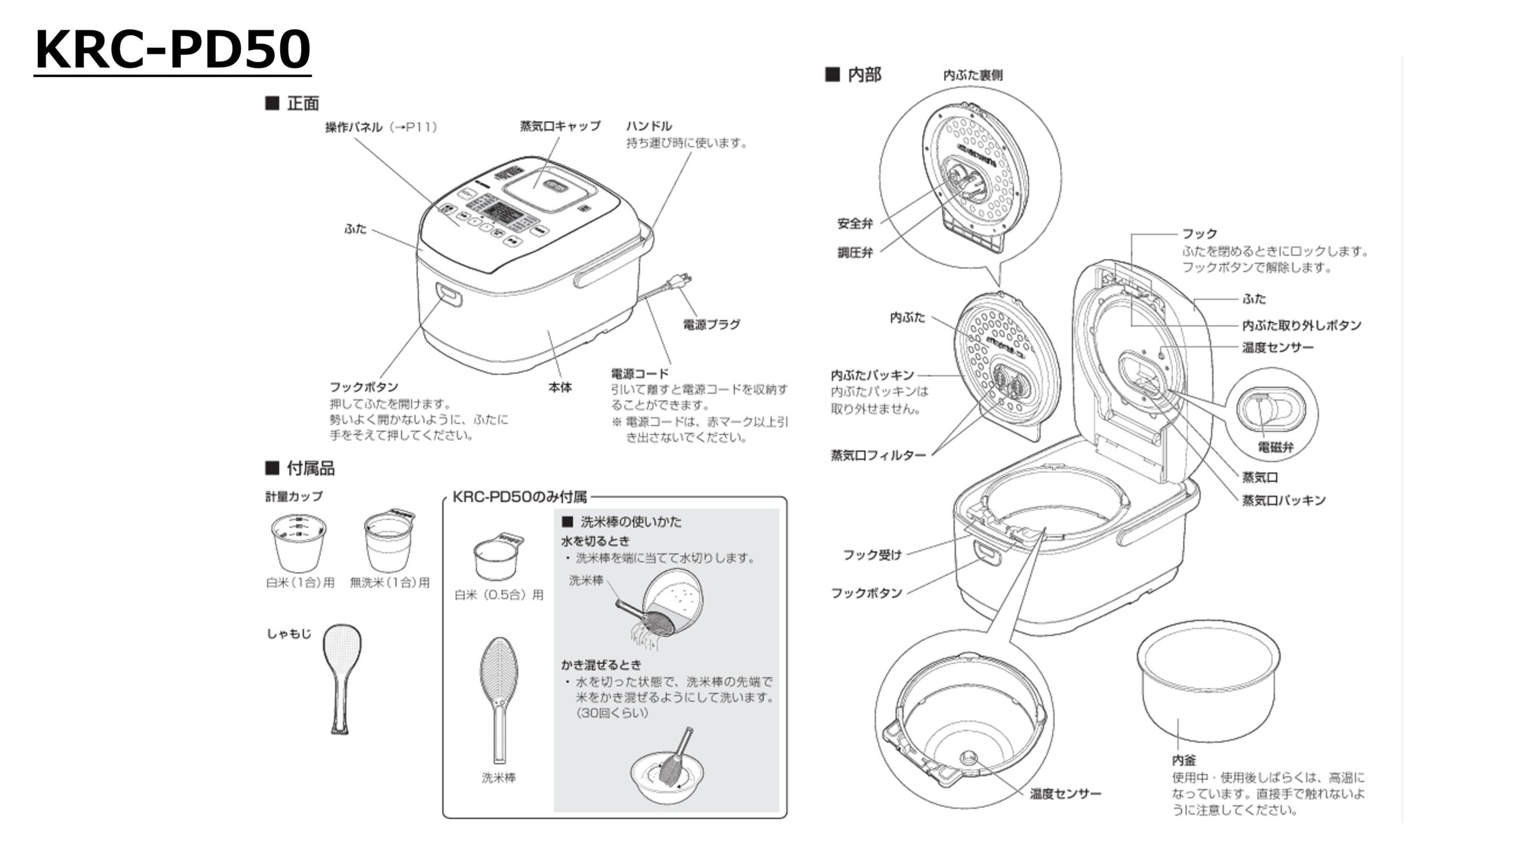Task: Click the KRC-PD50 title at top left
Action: coord(172,50)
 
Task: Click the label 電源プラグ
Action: coord(711,325)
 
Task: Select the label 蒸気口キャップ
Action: coord(560,126)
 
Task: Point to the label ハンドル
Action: coord(649,126)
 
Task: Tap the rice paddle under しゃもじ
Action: coord(342,677)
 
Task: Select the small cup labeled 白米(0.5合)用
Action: coord(496,558)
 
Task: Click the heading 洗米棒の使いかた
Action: coord(631,522)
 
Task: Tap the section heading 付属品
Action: coord(310,469)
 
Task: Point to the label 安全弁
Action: coord(855,224)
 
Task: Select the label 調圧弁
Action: coord(855,253)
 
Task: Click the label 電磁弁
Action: coord(1276,447)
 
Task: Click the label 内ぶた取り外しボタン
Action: coord(1301,325)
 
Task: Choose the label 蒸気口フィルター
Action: coord(878,456)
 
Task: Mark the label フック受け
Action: coord(871,555)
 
